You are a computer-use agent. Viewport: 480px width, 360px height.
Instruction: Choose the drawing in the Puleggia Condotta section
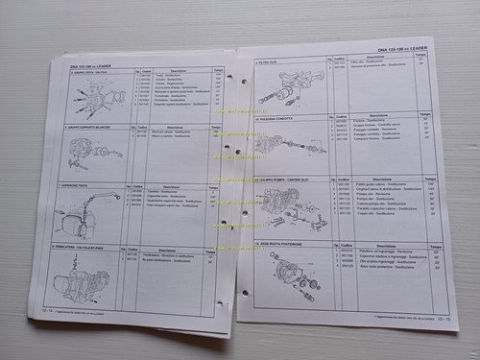coord(288,149)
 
